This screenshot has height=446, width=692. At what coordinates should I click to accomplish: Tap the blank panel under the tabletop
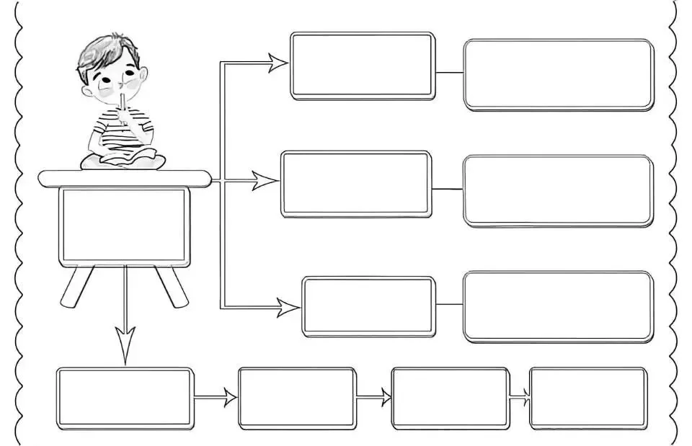tap(124, 226)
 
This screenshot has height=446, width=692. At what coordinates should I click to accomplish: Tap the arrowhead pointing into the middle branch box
tap(265, 181)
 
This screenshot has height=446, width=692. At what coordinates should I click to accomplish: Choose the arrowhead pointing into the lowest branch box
tap(288, 308)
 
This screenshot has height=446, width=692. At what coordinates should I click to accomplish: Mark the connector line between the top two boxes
tap(449, 73)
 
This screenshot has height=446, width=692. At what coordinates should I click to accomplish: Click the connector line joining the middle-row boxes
tap(447, 189)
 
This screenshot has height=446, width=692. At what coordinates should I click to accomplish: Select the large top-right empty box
tap(558, 74)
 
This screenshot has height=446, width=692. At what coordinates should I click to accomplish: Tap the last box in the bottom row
tap(587, 398)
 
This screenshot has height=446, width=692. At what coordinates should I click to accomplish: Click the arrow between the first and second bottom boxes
tap(216, 397)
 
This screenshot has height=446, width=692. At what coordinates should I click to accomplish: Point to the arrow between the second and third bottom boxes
tap(374, 397)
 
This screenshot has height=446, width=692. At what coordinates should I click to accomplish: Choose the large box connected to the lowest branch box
tap(558, 306)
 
